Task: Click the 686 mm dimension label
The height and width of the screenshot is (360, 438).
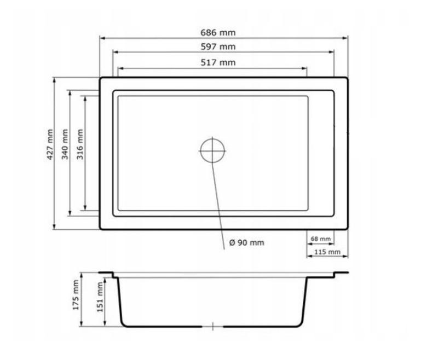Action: (x=223, y=32)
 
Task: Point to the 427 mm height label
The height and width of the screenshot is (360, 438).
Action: (x=50, y=144)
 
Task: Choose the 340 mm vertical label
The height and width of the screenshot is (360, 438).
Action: (x=65, y=144)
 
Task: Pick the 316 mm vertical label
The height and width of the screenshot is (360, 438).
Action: (x=80, y=144)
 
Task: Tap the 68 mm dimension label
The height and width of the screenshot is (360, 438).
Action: (x=321, y=239)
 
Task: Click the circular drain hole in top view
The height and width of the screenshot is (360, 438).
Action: (x=212, y=149)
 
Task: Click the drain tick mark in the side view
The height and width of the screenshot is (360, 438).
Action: (x=212, y=327)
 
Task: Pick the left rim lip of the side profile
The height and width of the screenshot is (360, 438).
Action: (x=107, y=273)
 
